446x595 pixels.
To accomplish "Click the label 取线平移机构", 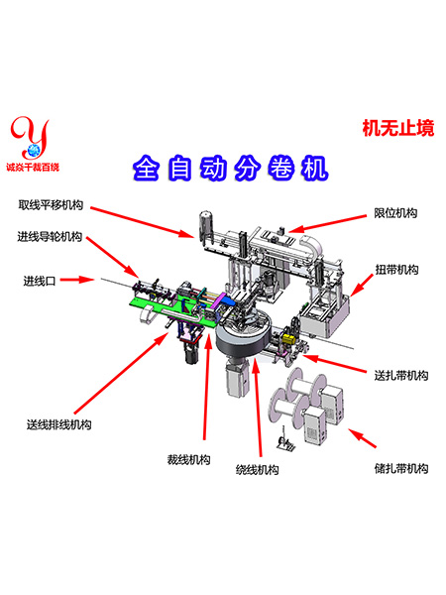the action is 51,205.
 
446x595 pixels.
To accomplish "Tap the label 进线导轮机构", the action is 50,237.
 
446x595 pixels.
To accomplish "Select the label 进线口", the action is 40,281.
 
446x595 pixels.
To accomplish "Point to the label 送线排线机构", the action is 59,424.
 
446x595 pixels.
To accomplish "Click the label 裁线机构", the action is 189,459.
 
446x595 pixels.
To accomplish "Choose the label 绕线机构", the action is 257,470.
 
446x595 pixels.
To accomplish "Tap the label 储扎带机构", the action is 401,468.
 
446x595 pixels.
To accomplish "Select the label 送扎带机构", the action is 401,375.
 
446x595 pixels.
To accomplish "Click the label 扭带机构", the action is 396,270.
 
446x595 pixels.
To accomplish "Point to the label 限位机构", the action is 395,213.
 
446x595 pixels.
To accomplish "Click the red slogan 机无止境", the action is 398,128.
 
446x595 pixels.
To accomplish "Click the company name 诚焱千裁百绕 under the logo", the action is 33,167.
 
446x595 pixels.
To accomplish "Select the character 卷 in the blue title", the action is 281,168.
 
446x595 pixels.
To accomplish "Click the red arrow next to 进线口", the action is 77,280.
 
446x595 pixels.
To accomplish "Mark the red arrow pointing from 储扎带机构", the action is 362,438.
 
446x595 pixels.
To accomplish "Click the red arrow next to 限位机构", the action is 328,223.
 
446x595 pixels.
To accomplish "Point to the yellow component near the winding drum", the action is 289,338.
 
